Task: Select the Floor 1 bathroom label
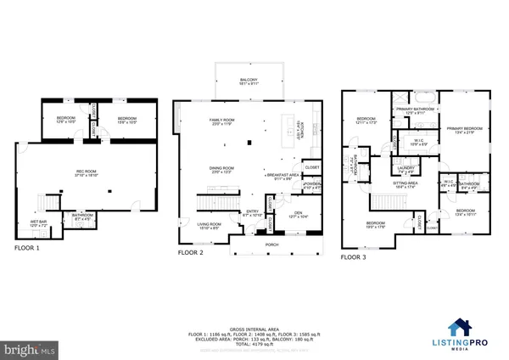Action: tap(81, 218)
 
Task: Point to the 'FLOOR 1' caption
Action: tap(28, 249)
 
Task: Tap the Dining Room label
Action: tap(221, 170)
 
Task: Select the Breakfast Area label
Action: tap(283, 177)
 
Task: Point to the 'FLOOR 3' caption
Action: tap(353, 256)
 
